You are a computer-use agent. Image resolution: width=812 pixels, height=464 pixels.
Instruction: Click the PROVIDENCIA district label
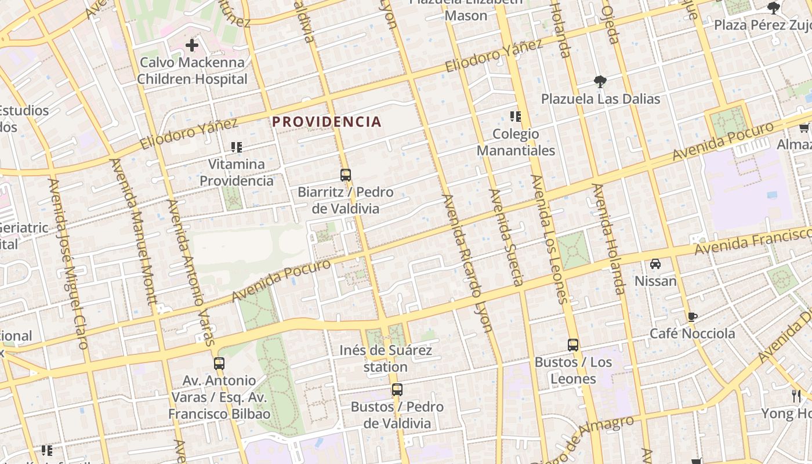[x=327, y=122]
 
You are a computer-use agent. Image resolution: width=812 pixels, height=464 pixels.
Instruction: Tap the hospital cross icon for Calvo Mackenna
[x=192, y=45]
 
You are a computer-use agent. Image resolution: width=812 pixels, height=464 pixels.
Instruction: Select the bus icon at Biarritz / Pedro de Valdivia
[x=346, y=175]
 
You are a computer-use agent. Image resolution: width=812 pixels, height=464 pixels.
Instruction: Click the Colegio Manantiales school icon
[x=515, y=117]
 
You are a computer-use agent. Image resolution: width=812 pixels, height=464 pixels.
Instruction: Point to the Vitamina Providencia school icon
[x=236, y=147]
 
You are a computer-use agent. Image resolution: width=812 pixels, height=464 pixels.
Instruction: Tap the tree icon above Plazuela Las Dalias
[x=600, y=82]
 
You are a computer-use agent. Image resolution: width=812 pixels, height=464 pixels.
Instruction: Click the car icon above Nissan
[x=655, y=264]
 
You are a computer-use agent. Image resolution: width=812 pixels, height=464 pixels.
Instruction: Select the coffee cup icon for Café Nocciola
[x=692, y=317]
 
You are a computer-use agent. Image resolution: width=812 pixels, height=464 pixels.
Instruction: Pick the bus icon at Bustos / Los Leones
[x=573, y=345]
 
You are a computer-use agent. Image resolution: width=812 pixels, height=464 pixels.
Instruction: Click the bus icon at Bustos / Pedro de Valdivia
[x=397, y=390]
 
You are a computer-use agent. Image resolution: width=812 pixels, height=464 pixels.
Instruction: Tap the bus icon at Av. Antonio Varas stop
[x=219, y=364]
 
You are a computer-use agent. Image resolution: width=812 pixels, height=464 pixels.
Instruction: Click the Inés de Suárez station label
[x=386, y=358]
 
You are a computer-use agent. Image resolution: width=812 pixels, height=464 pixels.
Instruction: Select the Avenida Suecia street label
[x=506, y=238]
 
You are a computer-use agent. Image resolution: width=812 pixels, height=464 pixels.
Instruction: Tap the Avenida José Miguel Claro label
[x=68, y=264]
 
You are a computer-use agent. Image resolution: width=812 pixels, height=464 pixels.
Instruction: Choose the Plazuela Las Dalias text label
[x=600, y=99]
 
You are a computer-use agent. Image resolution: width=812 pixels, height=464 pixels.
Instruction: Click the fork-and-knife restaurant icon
[x=796, y=396]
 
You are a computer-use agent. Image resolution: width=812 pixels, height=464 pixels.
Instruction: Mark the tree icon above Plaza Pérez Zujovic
[x=773, y=8]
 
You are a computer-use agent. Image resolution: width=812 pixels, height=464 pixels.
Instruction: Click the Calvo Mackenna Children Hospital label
[x=192, y=71]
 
